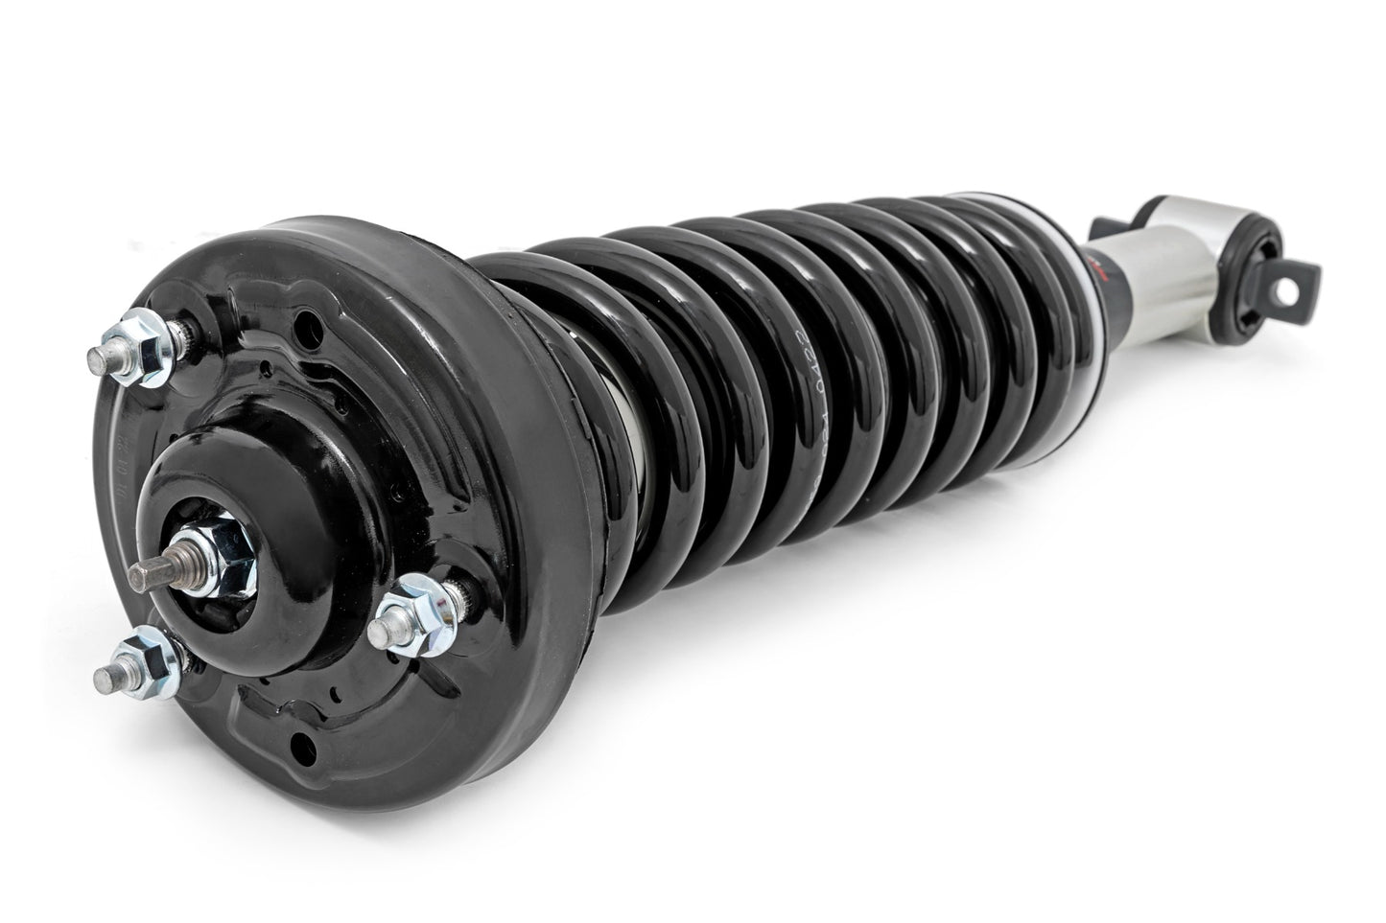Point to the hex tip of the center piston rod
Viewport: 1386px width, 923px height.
click(x=143, y=572)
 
